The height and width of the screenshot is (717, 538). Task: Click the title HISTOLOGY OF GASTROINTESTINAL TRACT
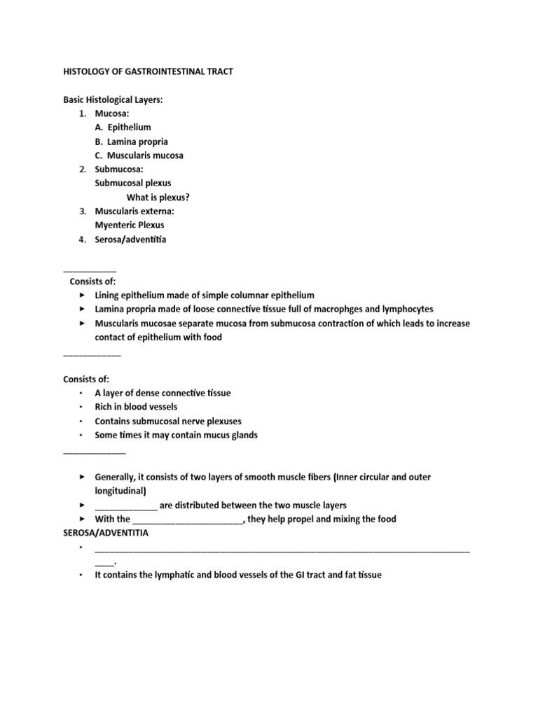(x=148, y=71)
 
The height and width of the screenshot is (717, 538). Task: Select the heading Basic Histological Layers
(x=113, y=99)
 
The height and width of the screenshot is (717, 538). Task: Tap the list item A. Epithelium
(x=123, y=127)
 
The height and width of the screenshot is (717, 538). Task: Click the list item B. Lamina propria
(x=131, y=141)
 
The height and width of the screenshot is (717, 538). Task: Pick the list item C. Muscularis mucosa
(x=139, y=155)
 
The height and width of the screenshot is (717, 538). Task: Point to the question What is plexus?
(x=158, y=197)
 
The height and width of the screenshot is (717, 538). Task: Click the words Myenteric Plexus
(x=130, y=225)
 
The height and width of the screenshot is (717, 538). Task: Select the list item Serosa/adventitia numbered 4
(x=130, y=239)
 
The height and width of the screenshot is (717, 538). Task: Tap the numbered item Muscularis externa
(x=134, y=211)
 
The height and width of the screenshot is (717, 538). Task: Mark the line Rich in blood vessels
(x=136, y=407)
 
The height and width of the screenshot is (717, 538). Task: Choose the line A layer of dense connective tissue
(x=163, y=393)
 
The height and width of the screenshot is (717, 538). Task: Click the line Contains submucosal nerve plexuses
(x=168, y=421)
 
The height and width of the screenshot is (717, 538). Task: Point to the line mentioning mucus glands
(x=176, y=435)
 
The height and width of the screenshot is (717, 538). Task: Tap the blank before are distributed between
(x=125, y=506)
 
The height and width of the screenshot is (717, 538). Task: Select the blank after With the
(x=187, y=520)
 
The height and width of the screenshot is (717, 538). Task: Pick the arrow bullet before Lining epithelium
(x=82, y=295)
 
